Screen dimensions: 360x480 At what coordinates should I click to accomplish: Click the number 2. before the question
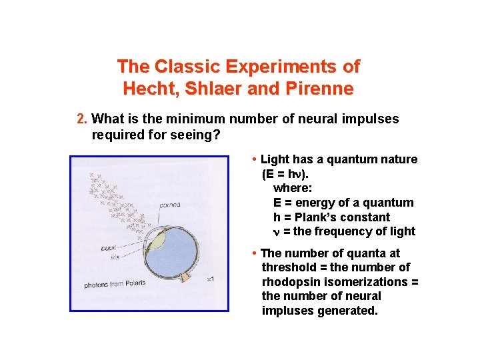click(82, 119)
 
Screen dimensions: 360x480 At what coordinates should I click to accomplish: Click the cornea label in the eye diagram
click(169, 205)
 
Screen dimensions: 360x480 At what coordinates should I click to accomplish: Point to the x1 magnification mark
click(210, 279)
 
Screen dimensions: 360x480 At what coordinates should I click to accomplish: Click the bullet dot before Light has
click(255, 160)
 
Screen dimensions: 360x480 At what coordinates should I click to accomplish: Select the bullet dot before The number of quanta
click(255, 253)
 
